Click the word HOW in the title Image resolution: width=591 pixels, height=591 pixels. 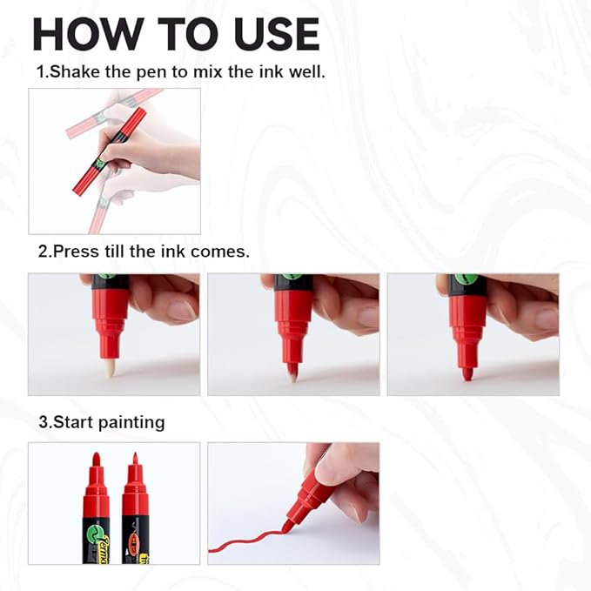pos(85,34)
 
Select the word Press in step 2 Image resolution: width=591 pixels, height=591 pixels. pos(74,252)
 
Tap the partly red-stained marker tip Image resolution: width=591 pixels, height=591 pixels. pos(292,373)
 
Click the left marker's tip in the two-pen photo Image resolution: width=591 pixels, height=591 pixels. pos(96,459)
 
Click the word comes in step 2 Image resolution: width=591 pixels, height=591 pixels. pos(226,252)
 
